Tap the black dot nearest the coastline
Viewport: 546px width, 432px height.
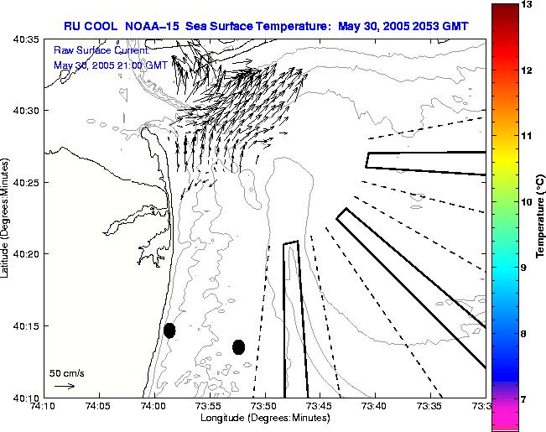(x=169, y=331)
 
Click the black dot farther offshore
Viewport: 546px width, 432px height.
(x=238, y=346)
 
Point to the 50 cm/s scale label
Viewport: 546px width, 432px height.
(x=67, y=372)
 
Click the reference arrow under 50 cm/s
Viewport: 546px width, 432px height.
(x=64, y=386)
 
